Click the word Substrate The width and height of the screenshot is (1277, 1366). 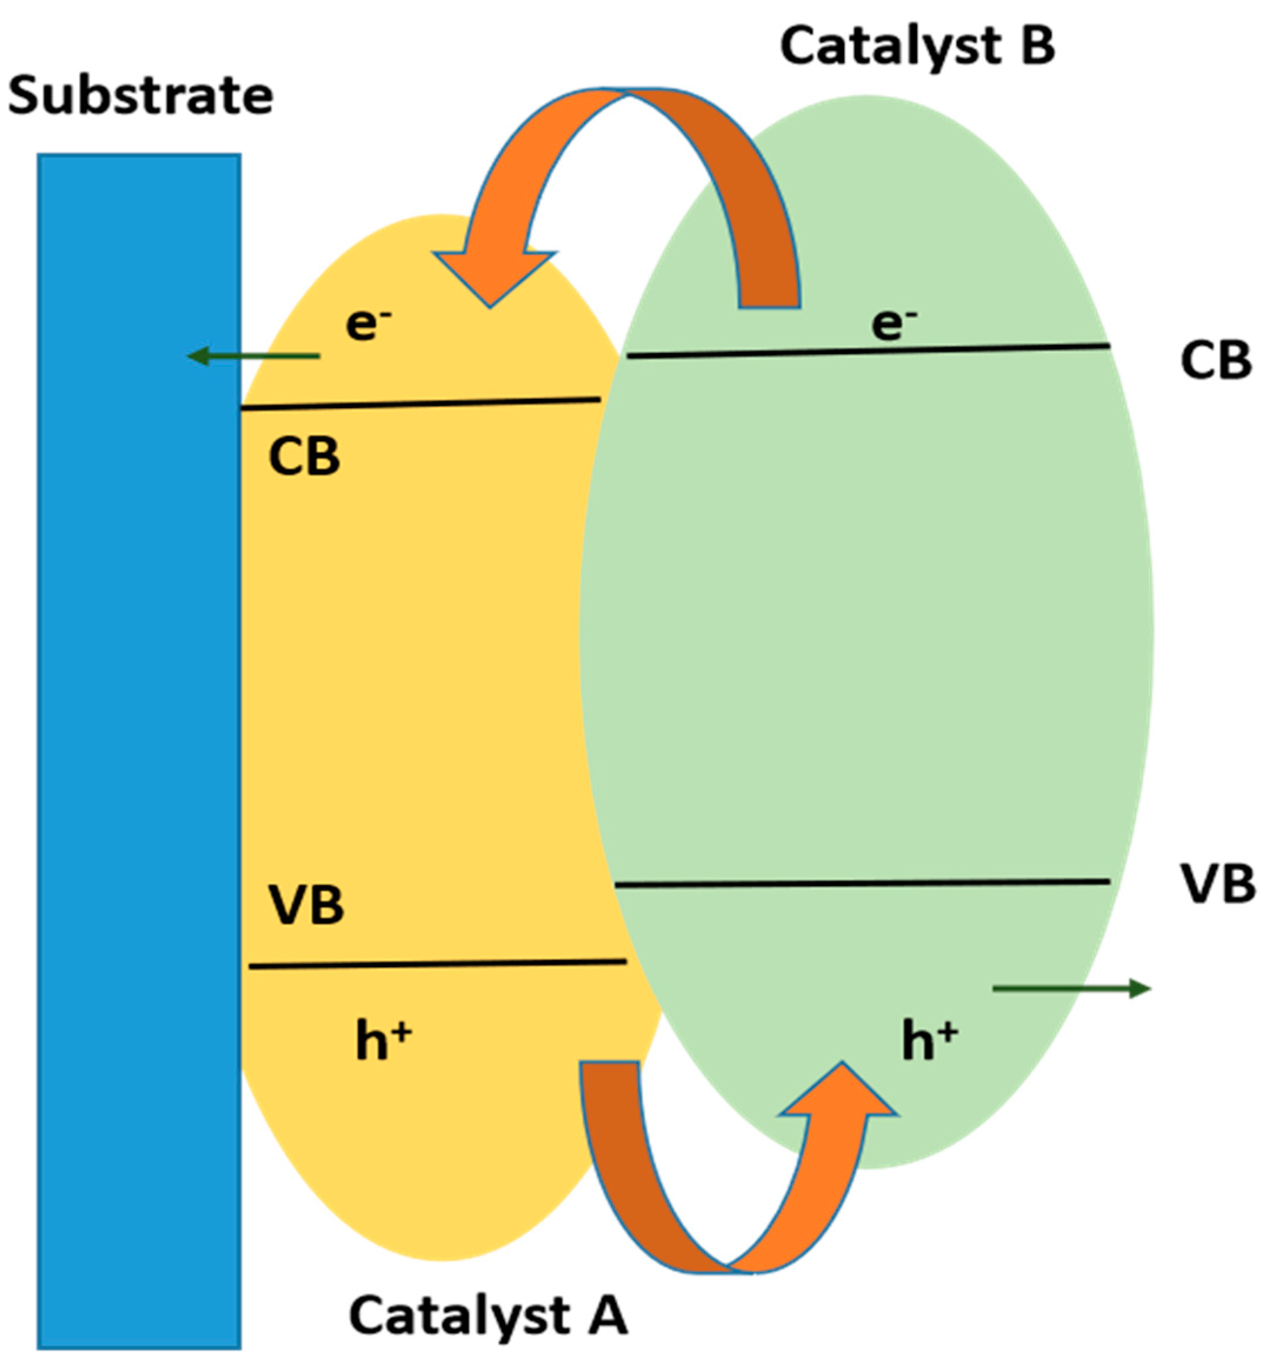(141, 96)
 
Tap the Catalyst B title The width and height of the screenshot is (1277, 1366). (916, 46)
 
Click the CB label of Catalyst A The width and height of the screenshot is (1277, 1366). (304, 458)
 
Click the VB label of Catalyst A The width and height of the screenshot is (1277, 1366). (306, 905)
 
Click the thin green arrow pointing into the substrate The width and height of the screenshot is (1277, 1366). (254, 357)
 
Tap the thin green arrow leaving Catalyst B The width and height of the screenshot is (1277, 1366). (1072, 989)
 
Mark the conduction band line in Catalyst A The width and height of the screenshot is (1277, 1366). (421, 404)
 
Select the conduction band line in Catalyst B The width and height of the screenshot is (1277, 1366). (868, 351)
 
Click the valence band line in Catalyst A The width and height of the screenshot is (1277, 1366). (438, 964)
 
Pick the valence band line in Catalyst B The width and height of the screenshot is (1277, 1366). (862, 884)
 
